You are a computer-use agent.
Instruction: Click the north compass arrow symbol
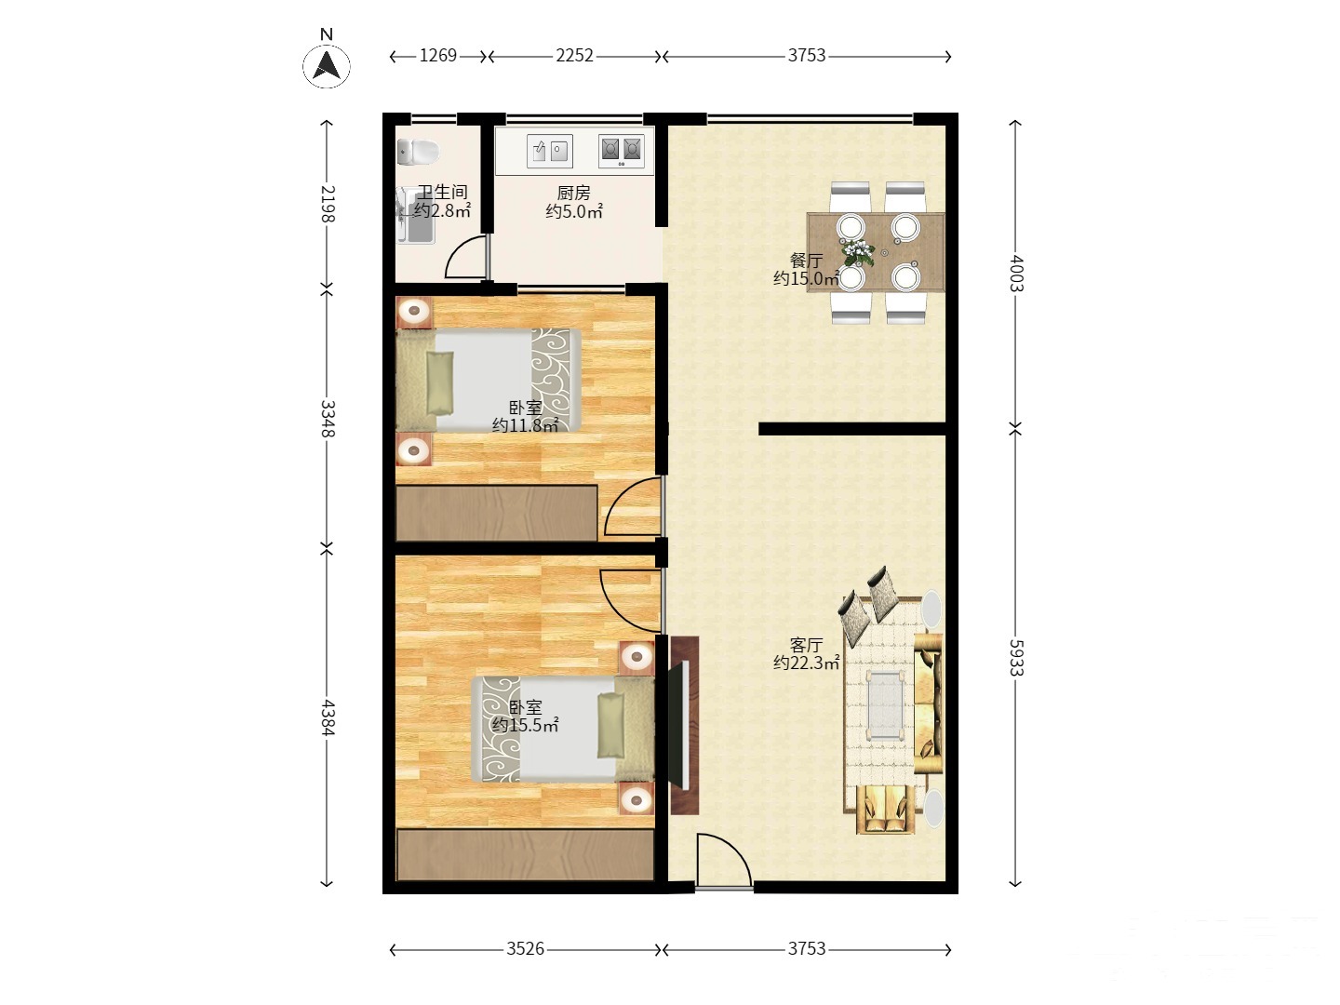327,66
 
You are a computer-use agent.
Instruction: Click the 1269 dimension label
437,56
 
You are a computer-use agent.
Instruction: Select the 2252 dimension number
574,56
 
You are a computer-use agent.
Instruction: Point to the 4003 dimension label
1015,273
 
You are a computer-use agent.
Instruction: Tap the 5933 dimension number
1015,657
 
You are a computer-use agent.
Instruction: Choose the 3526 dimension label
525,949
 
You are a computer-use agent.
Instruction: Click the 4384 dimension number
328,717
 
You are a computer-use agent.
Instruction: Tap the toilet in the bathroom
418,152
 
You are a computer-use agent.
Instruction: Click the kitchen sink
549,151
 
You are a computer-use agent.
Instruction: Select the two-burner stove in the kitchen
622,151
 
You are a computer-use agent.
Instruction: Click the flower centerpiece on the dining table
858,252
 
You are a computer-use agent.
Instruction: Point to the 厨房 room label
574,193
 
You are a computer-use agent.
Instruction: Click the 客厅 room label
806,644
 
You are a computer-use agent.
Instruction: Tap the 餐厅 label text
806,261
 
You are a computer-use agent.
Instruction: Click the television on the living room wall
678,724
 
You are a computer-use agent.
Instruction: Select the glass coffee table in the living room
886,705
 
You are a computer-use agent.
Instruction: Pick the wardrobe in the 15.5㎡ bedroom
525,854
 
